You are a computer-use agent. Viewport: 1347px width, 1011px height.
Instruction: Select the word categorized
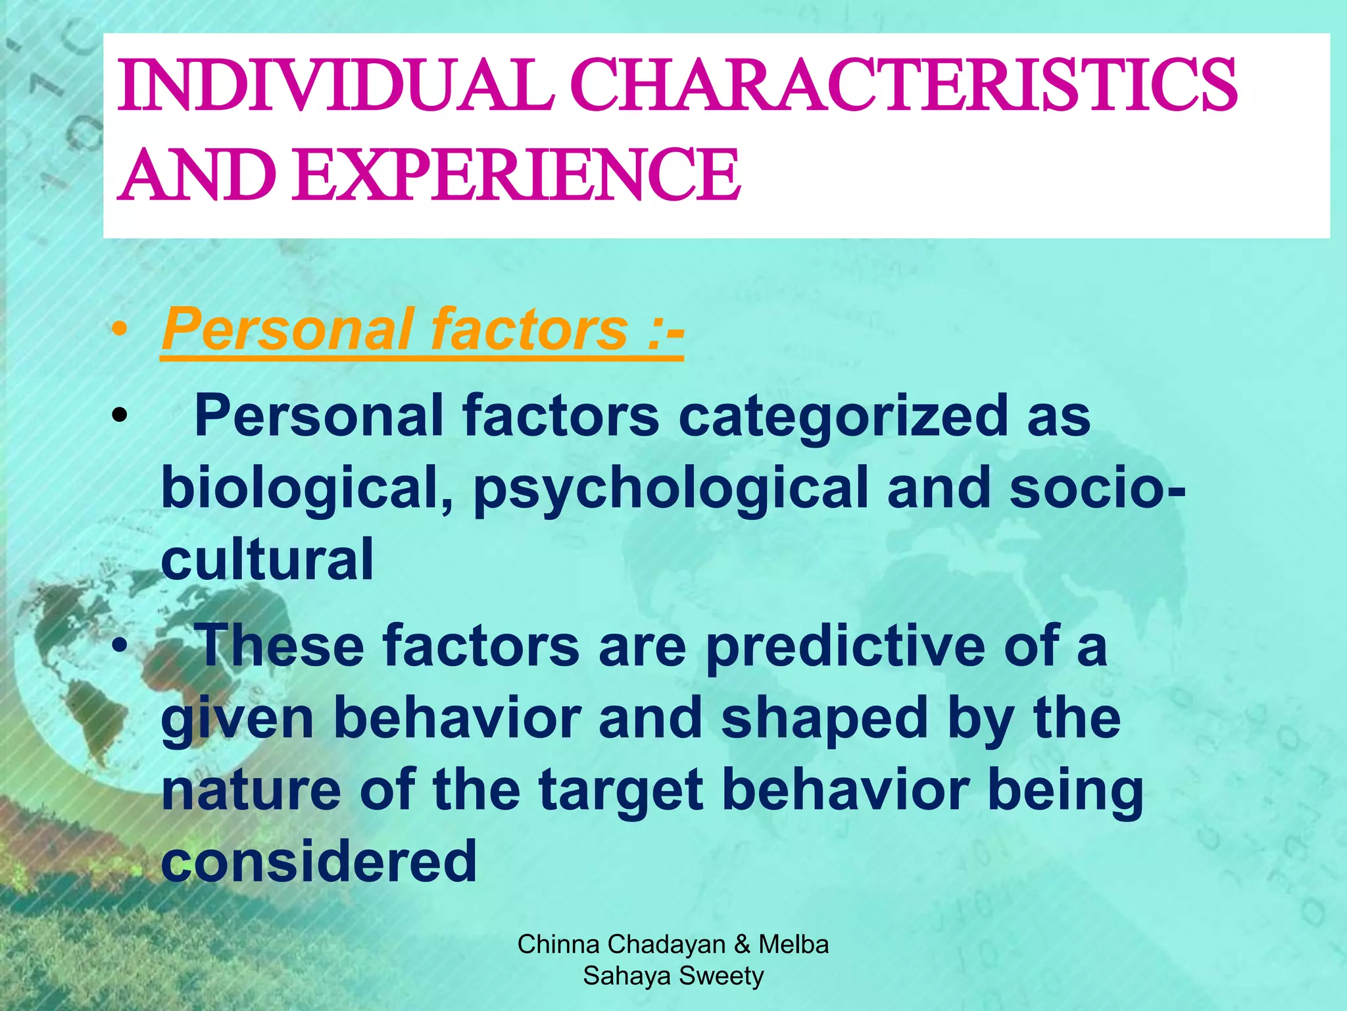click(843, 416)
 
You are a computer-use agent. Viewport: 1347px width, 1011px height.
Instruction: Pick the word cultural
click(267, 559)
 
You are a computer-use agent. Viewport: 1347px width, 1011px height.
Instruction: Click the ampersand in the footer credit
click(742, 945)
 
